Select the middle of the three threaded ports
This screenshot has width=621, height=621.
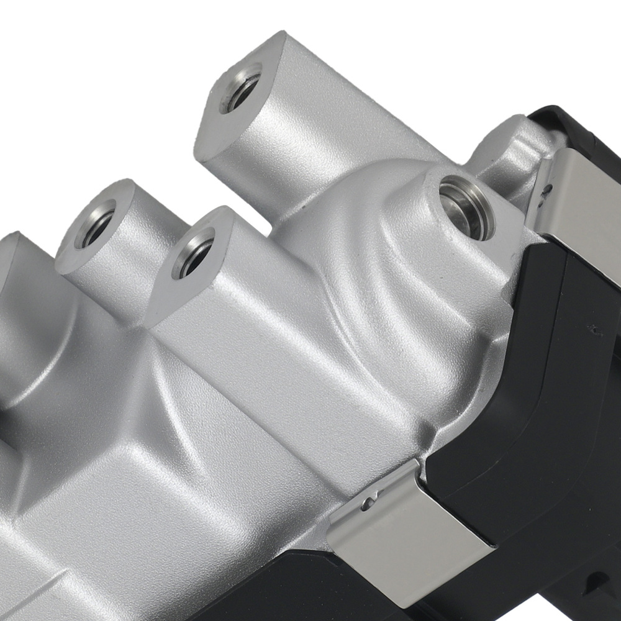tap(193, 252)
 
